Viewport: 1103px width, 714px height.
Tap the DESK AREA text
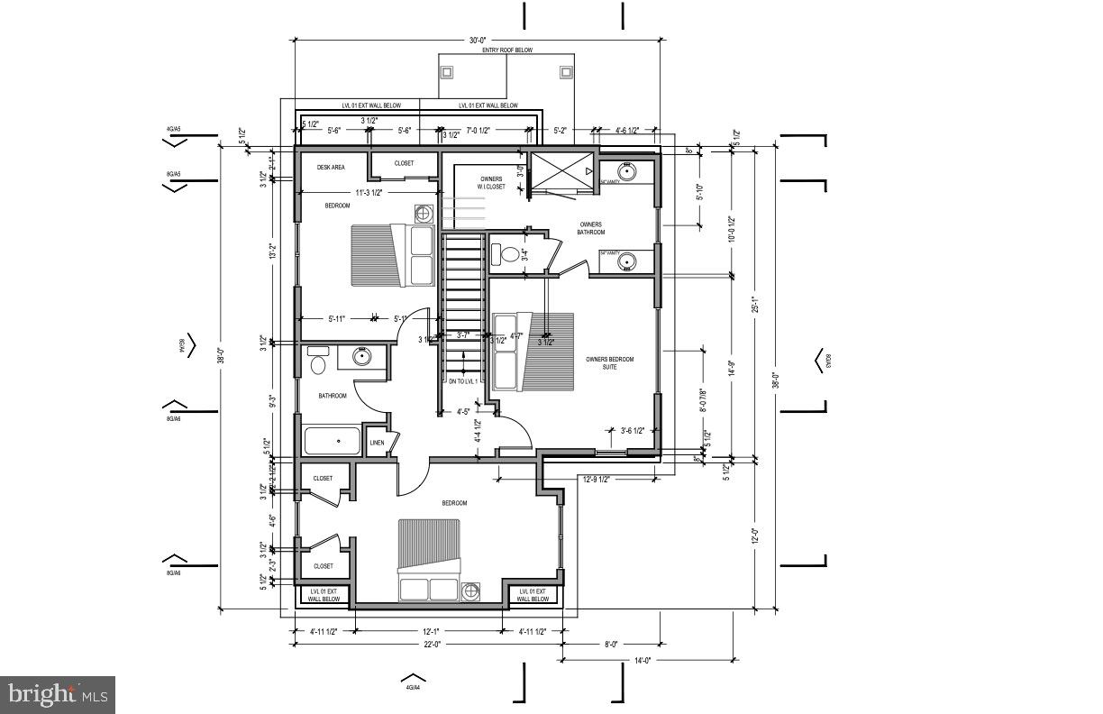tap(331, 167)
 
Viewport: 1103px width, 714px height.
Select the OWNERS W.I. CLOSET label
tap(491, 183)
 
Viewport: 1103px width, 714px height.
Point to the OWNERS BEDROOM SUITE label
tap(610, 363)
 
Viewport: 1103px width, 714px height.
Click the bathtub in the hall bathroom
tap(332, 442)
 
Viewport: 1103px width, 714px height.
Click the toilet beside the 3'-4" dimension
tap(509, 254)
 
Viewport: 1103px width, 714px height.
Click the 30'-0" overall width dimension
tap(477, 40)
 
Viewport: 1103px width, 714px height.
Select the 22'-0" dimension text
tap(425, 644)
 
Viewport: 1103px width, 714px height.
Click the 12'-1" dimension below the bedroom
tap(429, 631)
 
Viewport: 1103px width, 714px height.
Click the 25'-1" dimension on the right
tap(755, 305)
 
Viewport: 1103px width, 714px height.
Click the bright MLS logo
tap(58, 694)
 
